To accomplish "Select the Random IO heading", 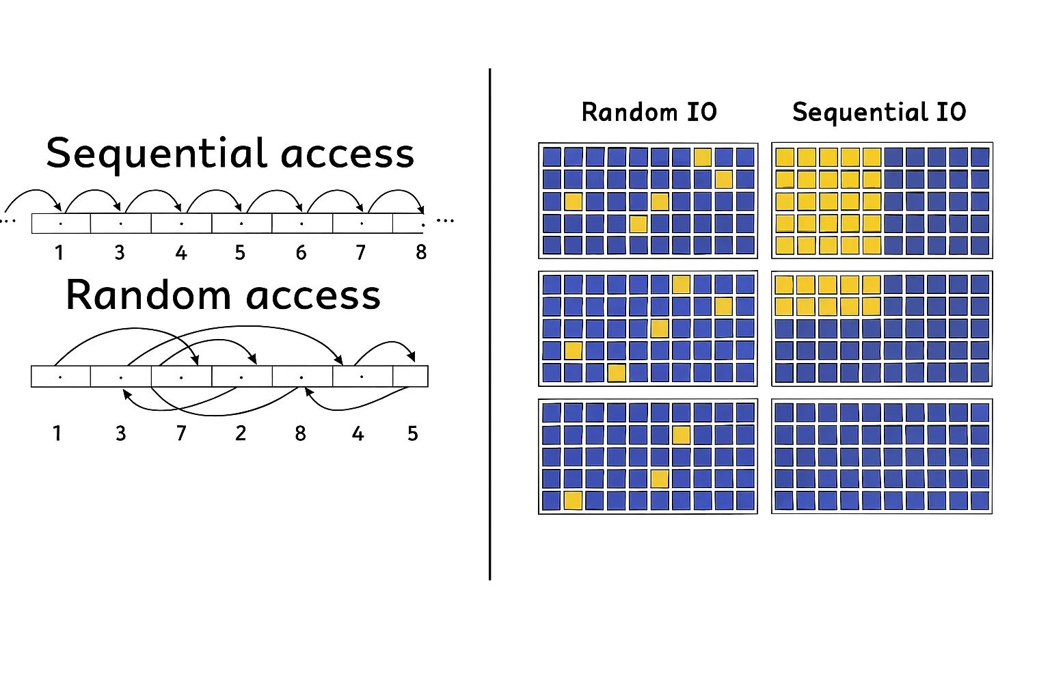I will pyautogui.click(x=649, y=112).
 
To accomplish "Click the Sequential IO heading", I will pyautogui.click(x=879, y=112).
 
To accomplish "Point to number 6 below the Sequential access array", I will pyautogui.click(x=301, y=253).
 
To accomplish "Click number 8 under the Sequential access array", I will pyautogui.click(x=421, y=253).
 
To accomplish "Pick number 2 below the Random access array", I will pyautogui.click(x=241, y=433).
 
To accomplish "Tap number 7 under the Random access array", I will pyautogui.click(x=181, y=433).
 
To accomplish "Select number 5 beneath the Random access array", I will pyautogui.click(x=412, y=433).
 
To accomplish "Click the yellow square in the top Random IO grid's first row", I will pyautogui.click(x=703, y=157).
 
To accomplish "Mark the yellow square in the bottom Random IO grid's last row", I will pyautogui.click(x=573, y=500).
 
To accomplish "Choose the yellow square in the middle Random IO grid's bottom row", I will pyautogui.click(x=617, y=373).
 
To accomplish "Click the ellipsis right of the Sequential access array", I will pyautogui.click(x=445, y=221).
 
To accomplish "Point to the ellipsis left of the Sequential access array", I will pyautogui.click(x=8, y=221).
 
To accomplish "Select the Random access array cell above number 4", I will pyautogui.click(x=362, y=377).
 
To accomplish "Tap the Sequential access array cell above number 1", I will pyautogui.click(x=61, y=224).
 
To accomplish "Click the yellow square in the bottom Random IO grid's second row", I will pyautogui.click(x=681, y=435).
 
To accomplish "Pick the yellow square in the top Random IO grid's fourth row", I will pyautogui.click(x=638, y=224).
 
